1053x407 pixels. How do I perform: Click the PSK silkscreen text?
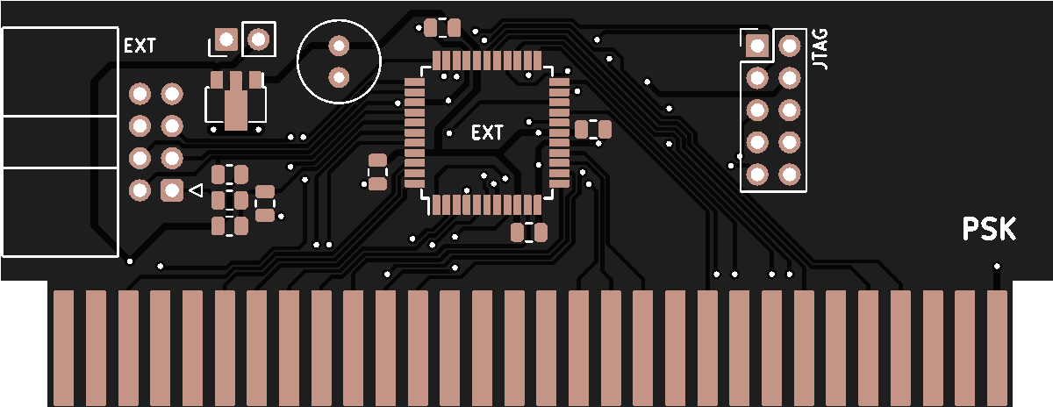[x=989, y=229]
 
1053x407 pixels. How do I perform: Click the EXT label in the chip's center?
[x=488, y=133]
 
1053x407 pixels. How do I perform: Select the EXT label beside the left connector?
[x=140, y=46]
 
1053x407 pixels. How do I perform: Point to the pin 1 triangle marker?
[x=196, y=189]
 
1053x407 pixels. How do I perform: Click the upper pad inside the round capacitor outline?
[x=339, y=44]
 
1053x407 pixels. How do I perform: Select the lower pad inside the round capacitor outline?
[x=339, y=77]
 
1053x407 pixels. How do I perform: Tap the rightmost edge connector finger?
[x=997, y=347]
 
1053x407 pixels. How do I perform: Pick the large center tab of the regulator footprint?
[x=235, y=104]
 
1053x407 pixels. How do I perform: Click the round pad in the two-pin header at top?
[x=258, y=39]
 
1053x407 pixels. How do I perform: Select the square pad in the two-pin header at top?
[x=226, y=39]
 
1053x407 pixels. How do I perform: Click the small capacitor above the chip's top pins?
[x=441, y=28]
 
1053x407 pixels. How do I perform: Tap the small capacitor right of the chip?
[x=593, y=130]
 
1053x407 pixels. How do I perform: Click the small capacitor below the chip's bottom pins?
[x=529, y=232]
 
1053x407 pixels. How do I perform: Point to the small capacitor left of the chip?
[x=377, y=172]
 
